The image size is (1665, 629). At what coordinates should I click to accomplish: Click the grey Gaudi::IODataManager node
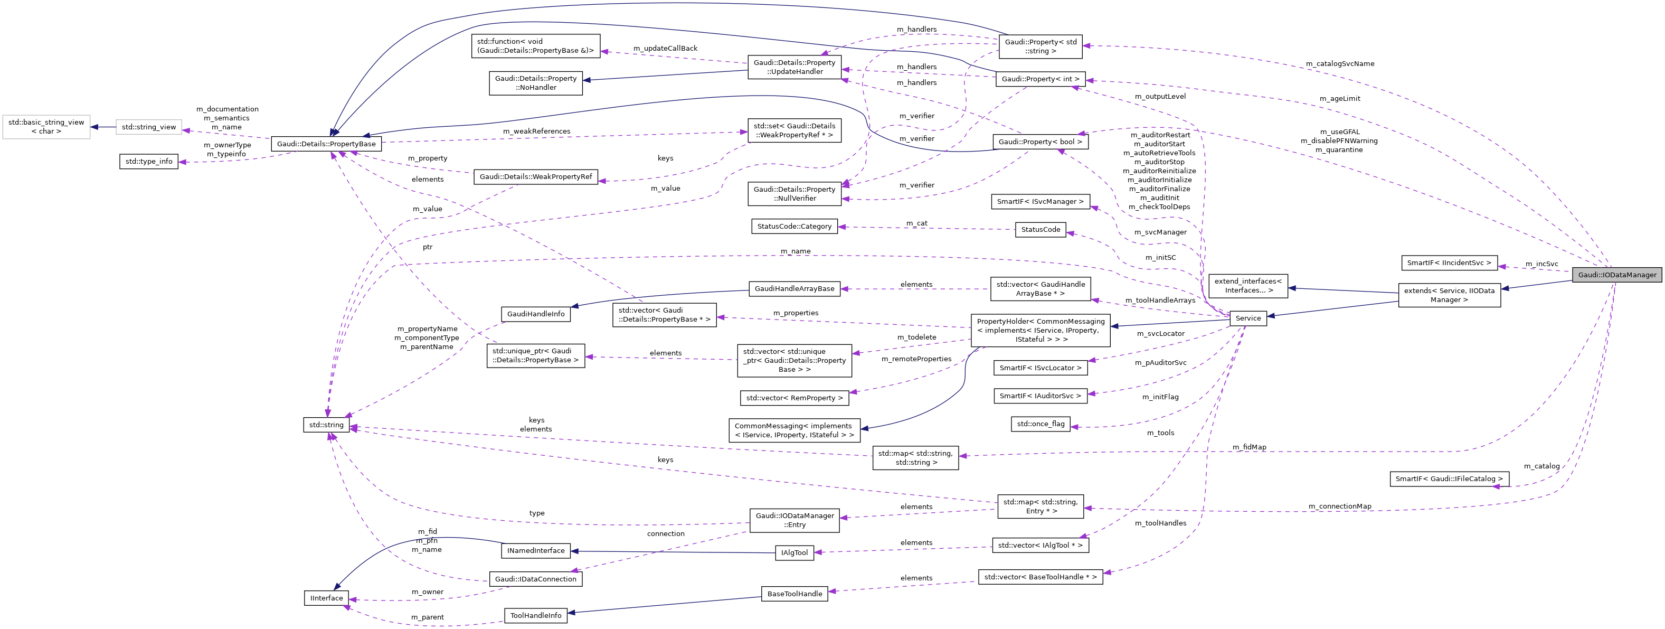click(1617, 275)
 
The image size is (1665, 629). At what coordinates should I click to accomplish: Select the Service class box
click(1247, 318)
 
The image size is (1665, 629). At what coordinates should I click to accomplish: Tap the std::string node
click(326, 425)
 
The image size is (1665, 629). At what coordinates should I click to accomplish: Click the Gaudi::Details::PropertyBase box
click(326, 144)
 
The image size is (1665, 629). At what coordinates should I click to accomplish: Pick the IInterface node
click(326, 598)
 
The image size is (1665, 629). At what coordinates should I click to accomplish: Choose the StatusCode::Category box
click(794, 226)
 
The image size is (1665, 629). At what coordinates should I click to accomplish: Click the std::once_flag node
click(1040, 424)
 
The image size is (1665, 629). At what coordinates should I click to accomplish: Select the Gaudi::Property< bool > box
click(1040, 142)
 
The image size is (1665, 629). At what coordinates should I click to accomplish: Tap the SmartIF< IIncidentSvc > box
click(1449, 263)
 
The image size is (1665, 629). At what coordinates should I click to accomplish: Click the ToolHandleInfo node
click(535, 615)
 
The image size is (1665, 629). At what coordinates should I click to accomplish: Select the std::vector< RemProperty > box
click(794, 398)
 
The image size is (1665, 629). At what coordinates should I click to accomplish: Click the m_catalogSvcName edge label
click(1340, 64)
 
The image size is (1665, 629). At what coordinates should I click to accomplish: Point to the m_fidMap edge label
click(1249, 447)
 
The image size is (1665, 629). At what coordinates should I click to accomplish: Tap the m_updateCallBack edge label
click(665, 49)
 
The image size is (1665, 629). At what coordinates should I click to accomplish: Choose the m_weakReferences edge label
click(536, 131)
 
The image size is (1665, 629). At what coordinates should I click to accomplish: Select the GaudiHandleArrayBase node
click(794, 289)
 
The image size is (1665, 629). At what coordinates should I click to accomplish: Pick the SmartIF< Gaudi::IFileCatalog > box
click(1449, 479)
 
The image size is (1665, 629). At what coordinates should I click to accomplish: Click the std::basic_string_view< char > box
click(46, 127)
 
